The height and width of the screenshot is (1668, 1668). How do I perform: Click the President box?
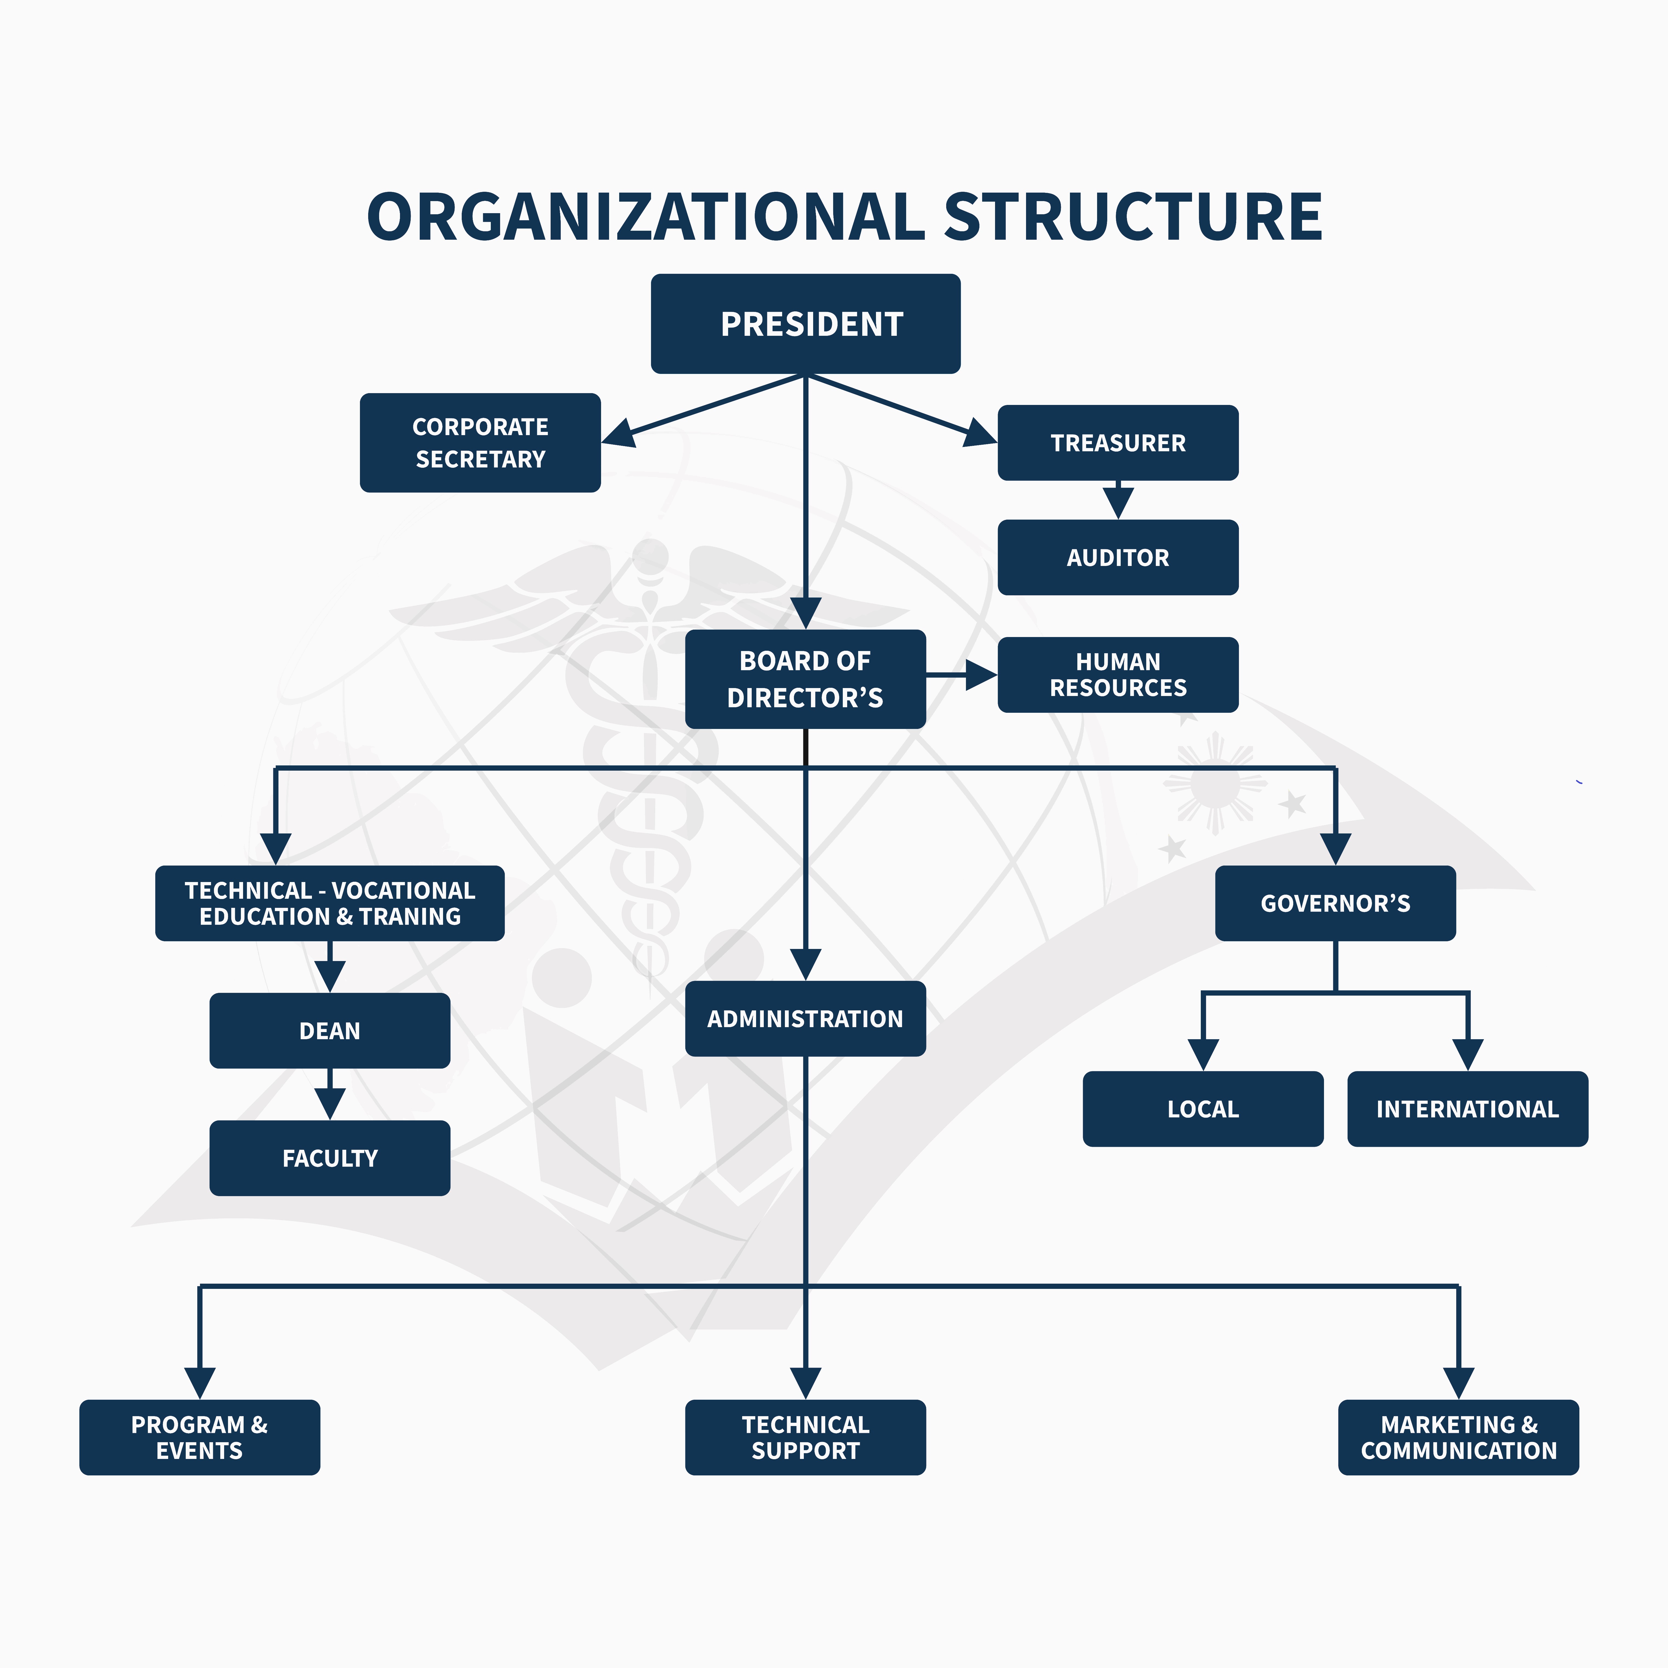pyautogui.click(x=805, y=324)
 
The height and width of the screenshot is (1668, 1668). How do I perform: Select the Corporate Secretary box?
pyautogui.click(x=480, y=443)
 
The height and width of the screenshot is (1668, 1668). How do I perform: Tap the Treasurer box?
pyautogui.click(x=1118, y=443)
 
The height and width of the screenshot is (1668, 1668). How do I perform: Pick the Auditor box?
pyautogui.click(x=1118, y=558)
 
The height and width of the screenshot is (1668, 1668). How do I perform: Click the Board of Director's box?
pyautogui.click(x=805, y=680)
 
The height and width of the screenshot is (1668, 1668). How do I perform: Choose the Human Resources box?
pyautogui.click(x=1118, y=675)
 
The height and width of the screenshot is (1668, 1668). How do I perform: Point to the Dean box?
pyautogui.click(x=330, y=1031)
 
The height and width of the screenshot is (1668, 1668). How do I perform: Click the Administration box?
pyautogui.click(x=805, y=1019)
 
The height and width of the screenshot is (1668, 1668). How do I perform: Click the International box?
pyautogui.click(x=1468, y=1109)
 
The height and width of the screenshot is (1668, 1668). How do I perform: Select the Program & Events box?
pyautogui.click(x=199, y=1438)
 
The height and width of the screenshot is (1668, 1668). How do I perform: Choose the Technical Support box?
pyautogui.click(x=805, y=1438)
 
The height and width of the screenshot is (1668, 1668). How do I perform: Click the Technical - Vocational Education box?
pyautogui.click(x=330, y=903)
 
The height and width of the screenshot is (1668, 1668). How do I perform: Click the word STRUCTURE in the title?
pyautogui.click(x=1133, y=217)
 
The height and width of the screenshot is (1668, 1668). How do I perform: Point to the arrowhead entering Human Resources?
pyautogui.click(x=982, y=675)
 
